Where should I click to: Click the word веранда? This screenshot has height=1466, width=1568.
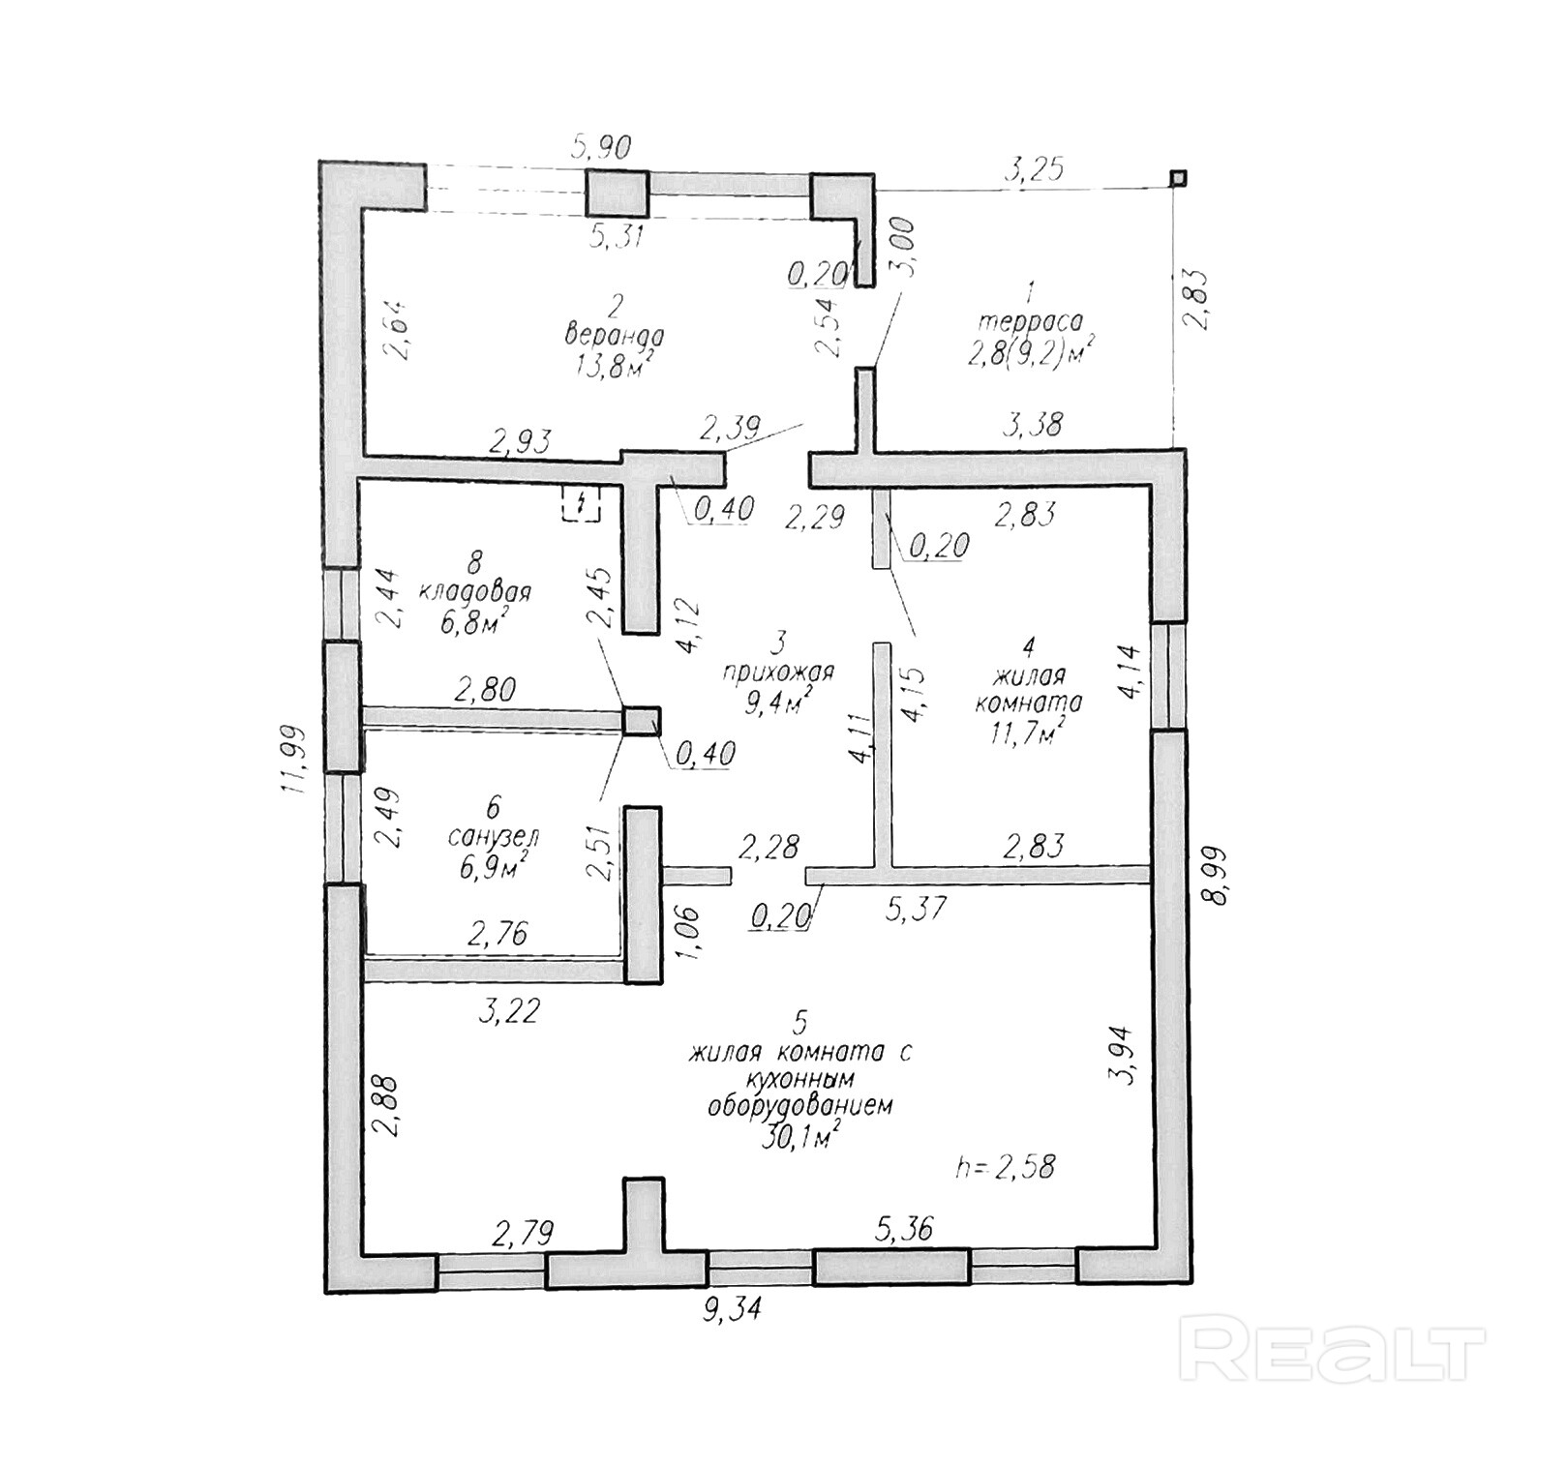pyautogui.click(x=614, y=337)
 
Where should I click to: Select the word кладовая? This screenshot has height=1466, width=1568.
pyautogui.click(x=474, y=592)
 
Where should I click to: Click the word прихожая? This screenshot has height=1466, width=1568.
pyautogui.click(x=777, y=672)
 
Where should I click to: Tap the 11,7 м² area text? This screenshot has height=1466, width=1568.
pyautogui.click(x=1030, y=733)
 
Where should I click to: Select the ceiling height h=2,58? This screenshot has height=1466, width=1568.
pyautogui.click(x=1004, y=1166)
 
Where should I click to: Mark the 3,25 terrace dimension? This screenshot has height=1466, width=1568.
pyautogui.click(x=1033, y=170)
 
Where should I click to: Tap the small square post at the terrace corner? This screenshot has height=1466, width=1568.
pyautogui.click(x=1177, y=177)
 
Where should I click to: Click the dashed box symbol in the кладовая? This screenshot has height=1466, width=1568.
pyautogui.click(x=580, y=503)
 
